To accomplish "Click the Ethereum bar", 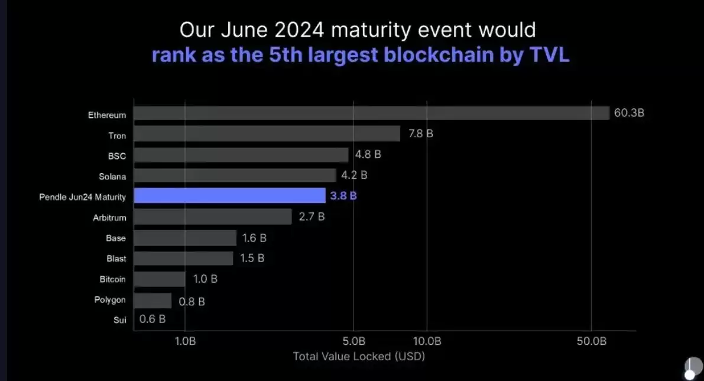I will (371, 113).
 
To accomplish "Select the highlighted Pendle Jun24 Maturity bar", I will (229, 195).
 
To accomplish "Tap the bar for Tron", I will (267, 134).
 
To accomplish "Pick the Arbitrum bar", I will (213, 217).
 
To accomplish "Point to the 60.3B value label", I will (629, 113).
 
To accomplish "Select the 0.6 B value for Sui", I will (153, 319).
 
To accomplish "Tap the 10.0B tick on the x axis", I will (427, 341).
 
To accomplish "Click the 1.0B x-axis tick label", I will (185, 341).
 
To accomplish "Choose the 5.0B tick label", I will (353, 341).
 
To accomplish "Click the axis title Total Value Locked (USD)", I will (359, 356).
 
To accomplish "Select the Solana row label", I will (112, 176).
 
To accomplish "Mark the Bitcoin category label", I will (112, 279).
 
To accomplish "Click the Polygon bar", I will (153, 301).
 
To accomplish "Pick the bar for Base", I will (186, 238).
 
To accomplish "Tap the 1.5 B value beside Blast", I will (252, 258).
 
